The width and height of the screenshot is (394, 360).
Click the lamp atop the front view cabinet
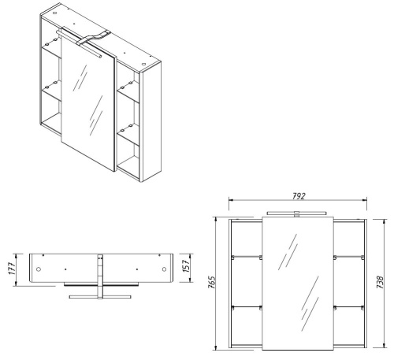coord(295,213)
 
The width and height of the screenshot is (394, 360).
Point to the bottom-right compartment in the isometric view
coord(128,147)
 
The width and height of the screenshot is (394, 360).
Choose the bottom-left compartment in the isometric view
coord(50,118)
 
